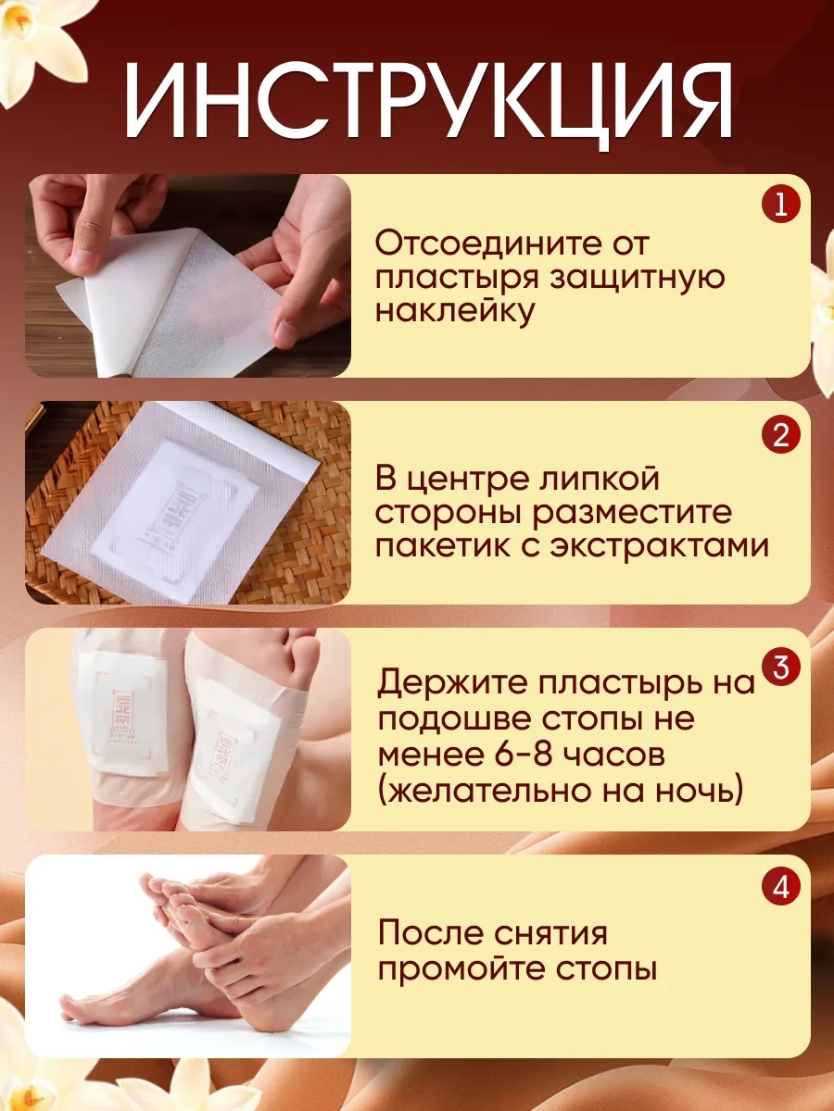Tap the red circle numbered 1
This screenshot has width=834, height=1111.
(x=781, y=205)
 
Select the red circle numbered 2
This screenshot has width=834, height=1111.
(x=781, y=434)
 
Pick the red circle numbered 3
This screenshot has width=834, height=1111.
(x=781, y=667)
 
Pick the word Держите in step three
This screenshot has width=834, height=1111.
(x=453, y=681)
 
